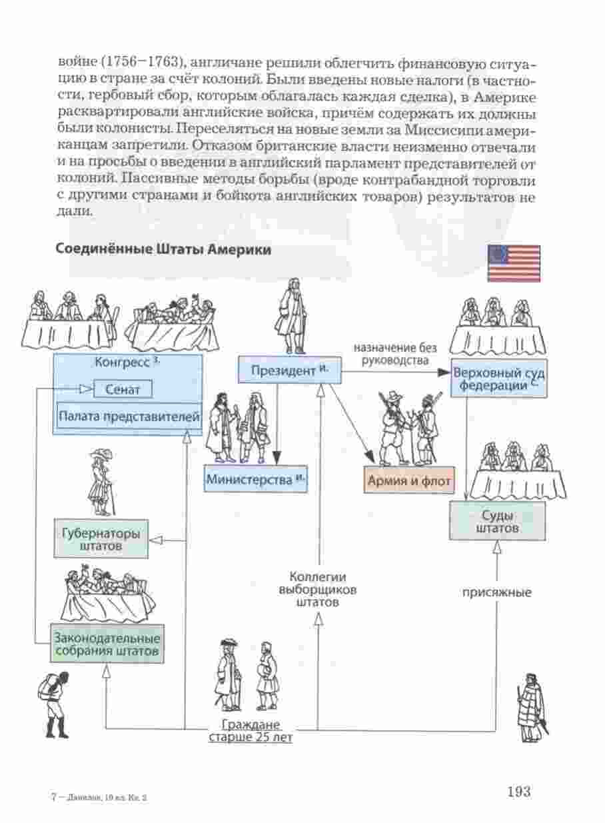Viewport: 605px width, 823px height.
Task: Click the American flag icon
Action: click(514, 263)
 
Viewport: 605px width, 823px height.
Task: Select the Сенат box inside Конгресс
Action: click(123, 389)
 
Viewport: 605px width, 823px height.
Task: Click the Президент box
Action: click(290, 369)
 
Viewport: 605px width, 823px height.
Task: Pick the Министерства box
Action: click(255, 478)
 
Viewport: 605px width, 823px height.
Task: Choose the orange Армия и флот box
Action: click(408, 479)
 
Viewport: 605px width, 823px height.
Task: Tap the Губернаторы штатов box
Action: click(101, 539)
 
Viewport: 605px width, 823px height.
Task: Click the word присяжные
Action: click(497, 591)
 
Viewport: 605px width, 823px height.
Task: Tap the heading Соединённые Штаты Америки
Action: click(163, 249)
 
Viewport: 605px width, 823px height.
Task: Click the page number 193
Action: click(518, 791)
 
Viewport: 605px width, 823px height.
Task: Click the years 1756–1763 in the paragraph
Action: click(143, 63)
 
